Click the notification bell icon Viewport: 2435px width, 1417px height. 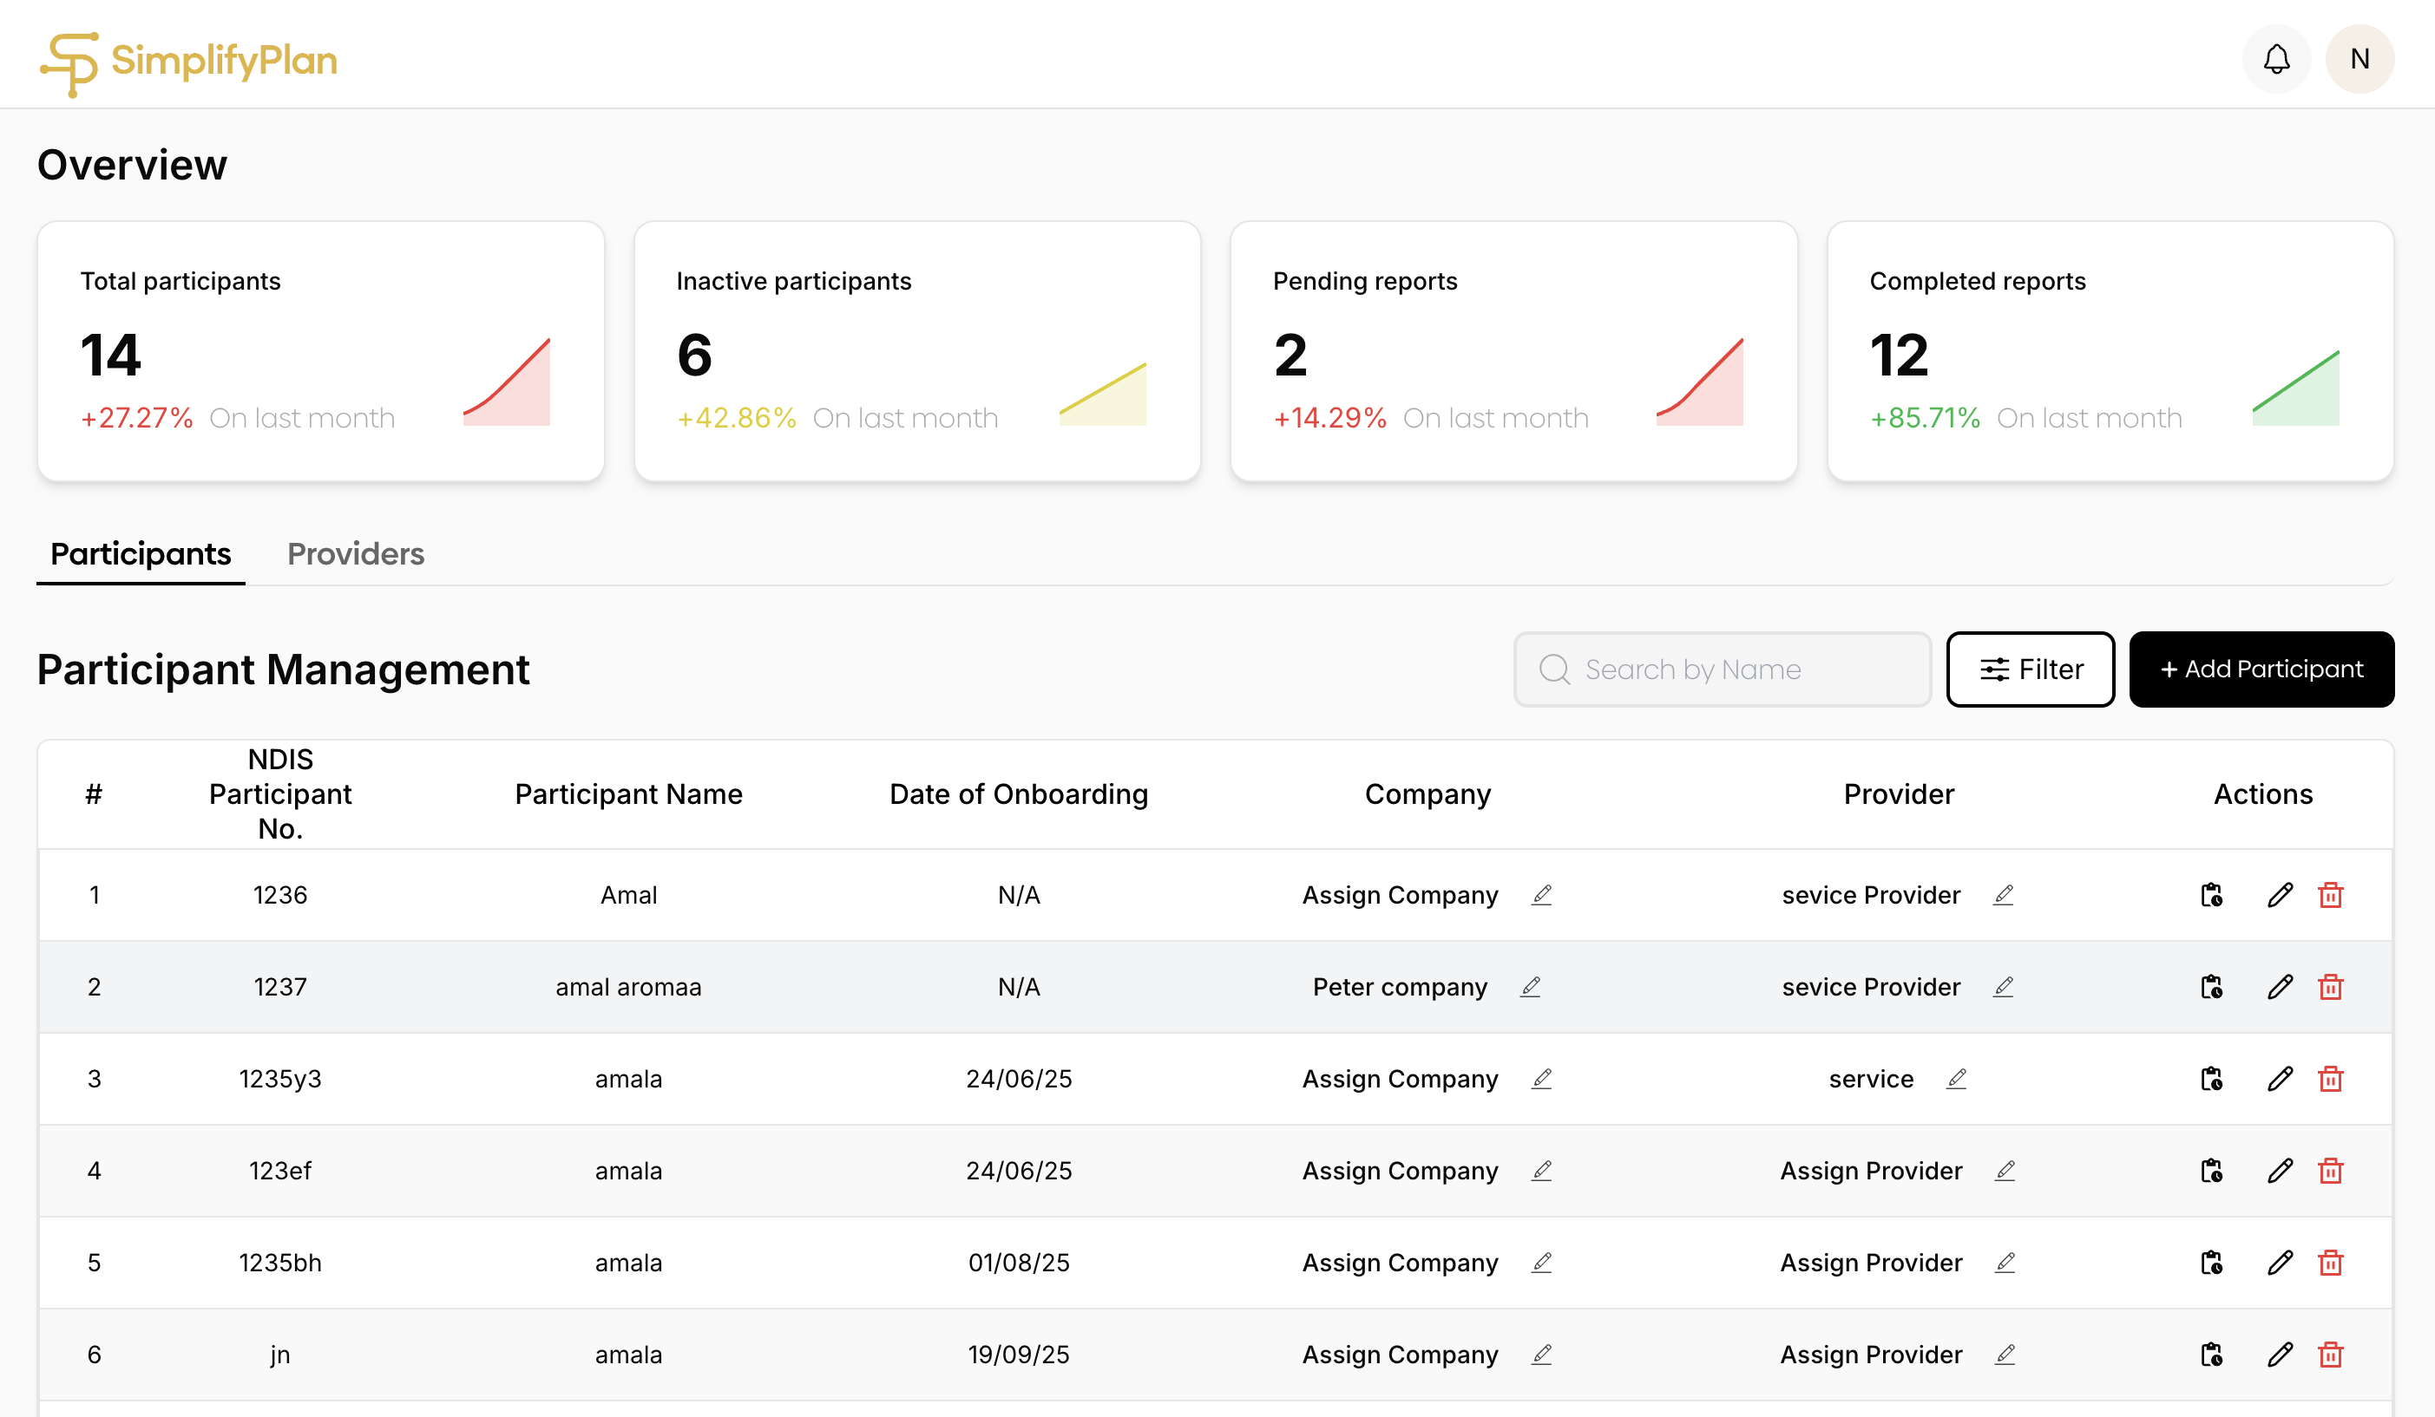coord(2275,59)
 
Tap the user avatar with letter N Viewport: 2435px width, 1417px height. coord(2359,59)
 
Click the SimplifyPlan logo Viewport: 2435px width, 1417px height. coord(188,62)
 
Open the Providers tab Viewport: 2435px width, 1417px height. coord(356,553)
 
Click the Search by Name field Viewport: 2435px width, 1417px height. coord(1722,669)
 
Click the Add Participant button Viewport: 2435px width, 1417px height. coord(2261,669)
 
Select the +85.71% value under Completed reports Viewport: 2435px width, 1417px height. coord(1925,418)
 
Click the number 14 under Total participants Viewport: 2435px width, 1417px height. coord(111,355)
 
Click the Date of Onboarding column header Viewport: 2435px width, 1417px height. coord(1019,794)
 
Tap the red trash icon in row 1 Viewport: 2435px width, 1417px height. coord(2331,896)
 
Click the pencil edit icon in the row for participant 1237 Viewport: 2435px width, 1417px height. coord(2281,987)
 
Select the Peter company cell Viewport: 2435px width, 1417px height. coord(1399,987)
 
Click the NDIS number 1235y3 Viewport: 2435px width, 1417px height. coord(280,1079)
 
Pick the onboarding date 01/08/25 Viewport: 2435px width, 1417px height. coord(1019,1263)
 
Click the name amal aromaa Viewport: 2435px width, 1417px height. coord(628,987)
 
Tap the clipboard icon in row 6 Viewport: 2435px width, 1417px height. coord(2212,1355)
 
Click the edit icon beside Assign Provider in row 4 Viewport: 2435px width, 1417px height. coord(2005,1171)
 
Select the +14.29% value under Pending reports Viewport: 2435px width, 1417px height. coord(1329,418)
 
